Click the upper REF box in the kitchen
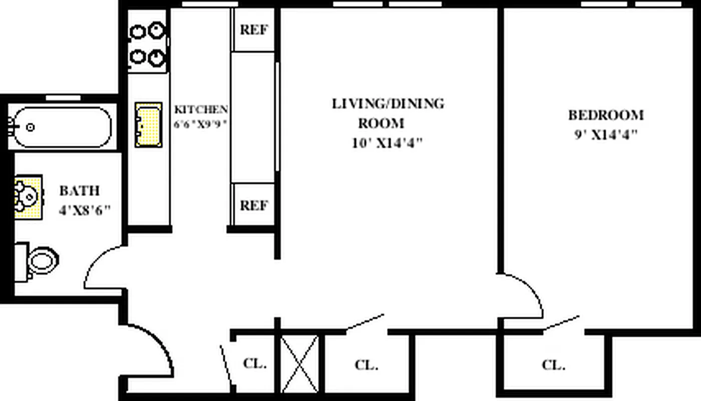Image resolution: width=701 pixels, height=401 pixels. (x=254, y=30)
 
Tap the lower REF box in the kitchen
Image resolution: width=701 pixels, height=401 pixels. (x=254, y=206)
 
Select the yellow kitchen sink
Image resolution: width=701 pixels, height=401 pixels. (x=148, y=125)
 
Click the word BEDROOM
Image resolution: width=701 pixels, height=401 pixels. (x=605, y=115)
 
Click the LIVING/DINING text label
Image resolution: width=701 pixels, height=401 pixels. (x=388, y=104)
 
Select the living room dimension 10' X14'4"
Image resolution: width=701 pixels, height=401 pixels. (x=387, y=143)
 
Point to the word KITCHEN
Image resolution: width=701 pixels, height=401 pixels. (x=201, y=109)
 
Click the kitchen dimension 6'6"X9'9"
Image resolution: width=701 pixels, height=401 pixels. (x=201, y=124)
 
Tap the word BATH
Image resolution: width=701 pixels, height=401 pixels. (x=80, y=190)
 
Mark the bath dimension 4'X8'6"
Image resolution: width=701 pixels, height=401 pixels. (x=84, y=210)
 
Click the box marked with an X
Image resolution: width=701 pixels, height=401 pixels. (x=299, y=364)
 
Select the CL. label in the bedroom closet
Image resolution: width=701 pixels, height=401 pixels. (x=553, y=365)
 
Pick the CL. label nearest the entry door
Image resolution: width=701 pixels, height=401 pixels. (x=254, y=363)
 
